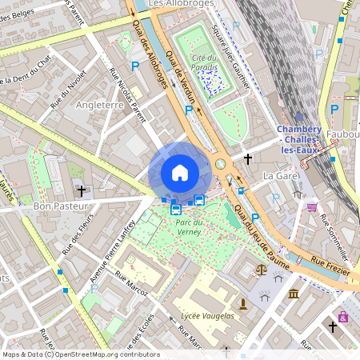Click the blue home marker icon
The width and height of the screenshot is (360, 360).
[180, 173]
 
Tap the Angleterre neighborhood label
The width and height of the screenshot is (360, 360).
[99, 105]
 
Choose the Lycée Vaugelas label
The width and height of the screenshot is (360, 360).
[207, 316]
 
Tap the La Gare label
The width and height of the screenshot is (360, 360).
[280, 175]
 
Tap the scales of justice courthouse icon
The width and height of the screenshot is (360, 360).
[261, 270]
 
